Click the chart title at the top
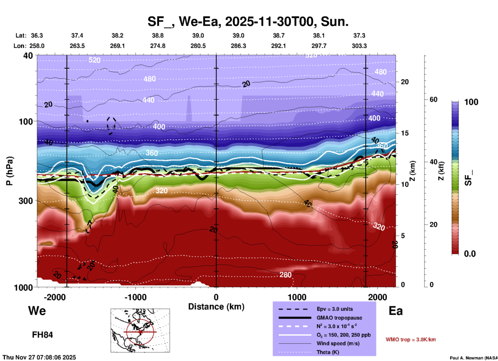click(x=248, y=21)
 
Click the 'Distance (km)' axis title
click(x=216, y=307)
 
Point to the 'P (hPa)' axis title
click(x=10, y=171)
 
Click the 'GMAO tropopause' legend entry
click(x=339, y=318)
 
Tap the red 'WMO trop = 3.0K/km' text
click(x=411, y=340)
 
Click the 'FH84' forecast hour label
click(x=42, y=335)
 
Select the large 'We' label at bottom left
click(x=37, y=311)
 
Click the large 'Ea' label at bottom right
click(x=396, y=311)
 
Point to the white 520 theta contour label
click(x=94, y=60)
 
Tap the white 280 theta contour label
click(x=285, y=275)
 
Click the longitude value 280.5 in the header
click(x=198, y=46)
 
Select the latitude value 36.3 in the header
click(x=37, y=35)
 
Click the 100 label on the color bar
click(x=471, y=102)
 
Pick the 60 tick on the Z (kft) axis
click(x=433, y=99)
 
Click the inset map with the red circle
click(x=140, y=330)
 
